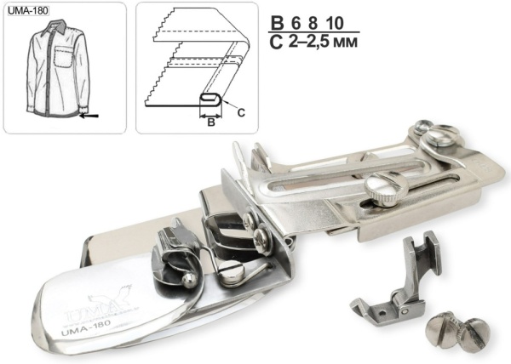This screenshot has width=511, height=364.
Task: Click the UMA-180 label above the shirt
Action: (28, 11)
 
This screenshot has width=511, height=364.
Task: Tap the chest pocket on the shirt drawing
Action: (63, 57)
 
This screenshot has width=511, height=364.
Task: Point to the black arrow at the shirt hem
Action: (89, 116)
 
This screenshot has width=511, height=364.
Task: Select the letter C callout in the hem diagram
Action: (241, 112)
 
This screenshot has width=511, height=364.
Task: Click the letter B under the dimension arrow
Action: (211, 122)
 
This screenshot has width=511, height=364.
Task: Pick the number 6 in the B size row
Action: (296, 23)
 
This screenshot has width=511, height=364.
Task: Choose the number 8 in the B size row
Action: (313, 23)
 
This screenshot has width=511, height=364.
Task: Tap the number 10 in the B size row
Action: (334, 23)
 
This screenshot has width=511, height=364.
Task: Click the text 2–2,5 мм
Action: (323, 42)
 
